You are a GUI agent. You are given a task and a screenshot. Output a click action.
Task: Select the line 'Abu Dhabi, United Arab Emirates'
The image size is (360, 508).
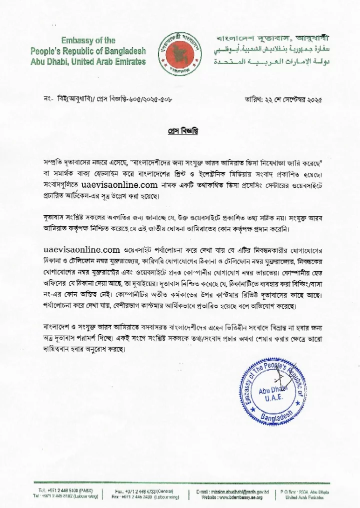[x=88, y=61]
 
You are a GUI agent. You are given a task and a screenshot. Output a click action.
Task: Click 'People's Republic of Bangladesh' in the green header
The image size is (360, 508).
[x=88, y=51]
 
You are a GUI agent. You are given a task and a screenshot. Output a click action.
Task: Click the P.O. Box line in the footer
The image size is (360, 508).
[x=314, y=491]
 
